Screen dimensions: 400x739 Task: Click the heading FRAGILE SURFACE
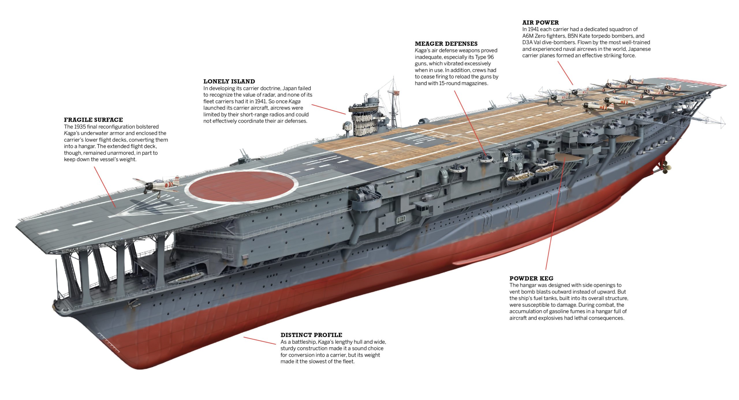click(93, 120)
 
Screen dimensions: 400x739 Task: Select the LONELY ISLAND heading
click(229, 82)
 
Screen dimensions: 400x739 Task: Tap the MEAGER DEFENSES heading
click(446, 44)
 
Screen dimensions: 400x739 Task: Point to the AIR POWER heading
click(540, 23)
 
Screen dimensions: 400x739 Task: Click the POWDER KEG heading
click(531, 278)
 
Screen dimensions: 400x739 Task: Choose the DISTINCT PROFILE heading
click(311, 335)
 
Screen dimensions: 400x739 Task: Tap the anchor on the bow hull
click(134, 303)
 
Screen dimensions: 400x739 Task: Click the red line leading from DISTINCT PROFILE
click(260, 340)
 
